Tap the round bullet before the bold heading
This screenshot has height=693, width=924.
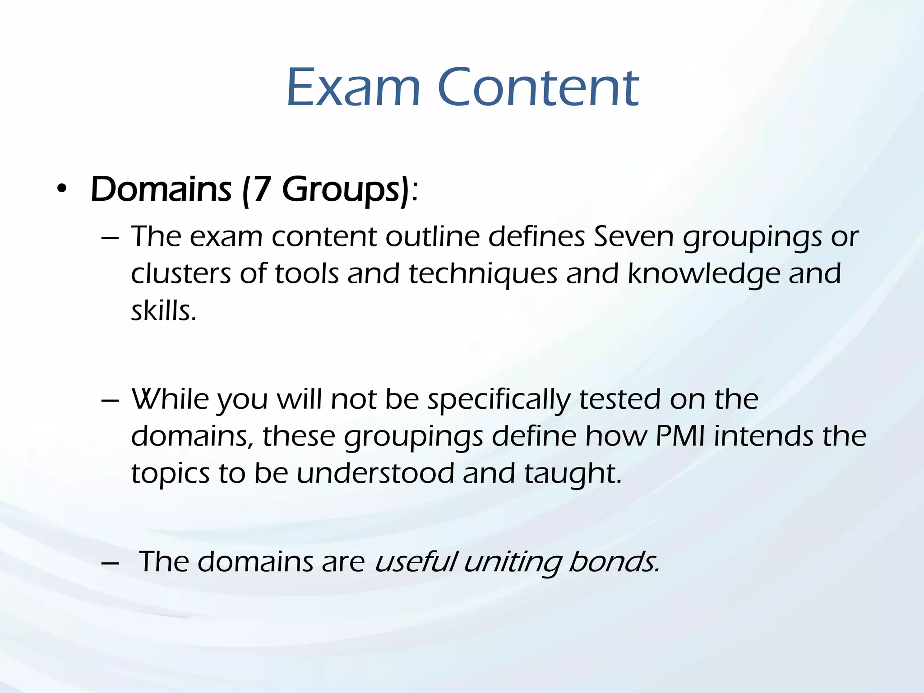click(x=62, y=189)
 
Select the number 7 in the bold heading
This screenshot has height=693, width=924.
click(x=261, y=189)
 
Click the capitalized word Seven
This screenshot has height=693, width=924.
click(x=633, y=236)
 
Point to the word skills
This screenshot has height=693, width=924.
click(x=163, y=311)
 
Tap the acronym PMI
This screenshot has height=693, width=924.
click(x=680, y=436)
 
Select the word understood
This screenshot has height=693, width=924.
click(x=375, y=473)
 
